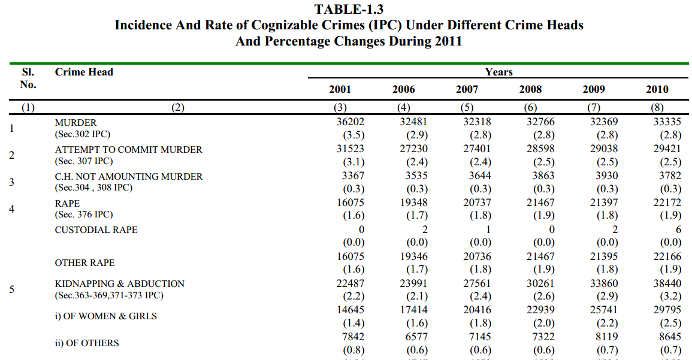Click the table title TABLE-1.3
349,9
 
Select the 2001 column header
340,89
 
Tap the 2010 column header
657,89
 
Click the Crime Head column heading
84,72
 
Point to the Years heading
498,72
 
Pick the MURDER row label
75,123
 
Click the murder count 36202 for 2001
350,122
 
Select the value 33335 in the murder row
667,122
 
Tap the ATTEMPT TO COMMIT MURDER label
128,150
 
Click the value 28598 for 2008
540,148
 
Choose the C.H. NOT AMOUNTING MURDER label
128,177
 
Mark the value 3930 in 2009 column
606,175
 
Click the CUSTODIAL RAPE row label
96,230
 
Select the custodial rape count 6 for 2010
678,229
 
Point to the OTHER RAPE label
84,263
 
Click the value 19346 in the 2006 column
413,256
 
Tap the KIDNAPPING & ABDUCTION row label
120,284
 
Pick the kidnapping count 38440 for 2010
667,283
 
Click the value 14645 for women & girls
350,310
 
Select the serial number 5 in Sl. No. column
11,289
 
